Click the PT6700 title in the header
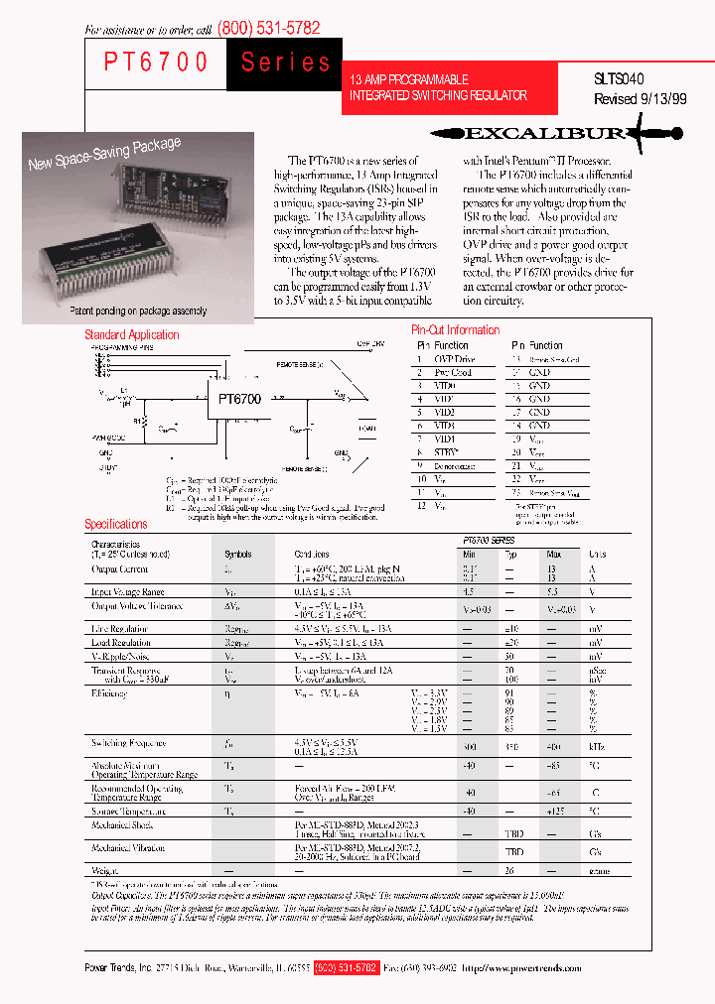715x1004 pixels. point(156,62)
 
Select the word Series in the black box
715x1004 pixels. point(286,63)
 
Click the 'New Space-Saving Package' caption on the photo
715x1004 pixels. point(104,154)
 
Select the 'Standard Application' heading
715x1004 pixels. point(131,335)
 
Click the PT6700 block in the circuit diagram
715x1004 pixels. point(239,399)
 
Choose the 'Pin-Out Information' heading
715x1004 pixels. point(455,329)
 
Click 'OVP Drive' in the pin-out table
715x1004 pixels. point(454,359)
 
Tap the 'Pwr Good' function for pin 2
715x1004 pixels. point(452,372)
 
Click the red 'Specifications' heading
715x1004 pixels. point(115,524)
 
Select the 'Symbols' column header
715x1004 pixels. point(237,555)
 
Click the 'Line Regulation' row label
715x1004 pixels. point(120,629)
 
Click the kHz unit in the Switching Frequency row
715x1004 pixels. point(597,743)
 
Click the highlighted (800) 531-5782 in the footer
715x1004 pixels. point(346,966)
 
